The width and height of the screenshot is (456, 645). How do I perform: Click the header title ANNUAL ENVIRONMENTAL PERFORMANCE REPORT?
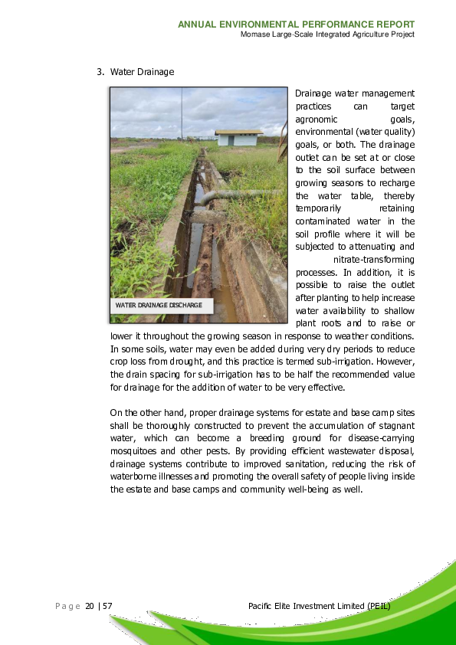(x=296, y=25)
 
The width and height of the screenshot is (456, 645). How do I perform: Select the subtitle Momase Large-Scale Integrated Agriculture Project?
(x=327, y=34)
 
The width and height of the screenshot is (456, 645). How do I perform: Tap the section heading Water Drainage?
(x=142, y=72)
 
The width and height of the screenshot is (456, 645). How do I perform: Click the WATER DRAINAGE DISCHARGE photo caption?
(x=159, y=305)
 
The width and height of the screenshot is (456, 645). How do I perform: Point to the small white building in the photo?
(x=239, y=138)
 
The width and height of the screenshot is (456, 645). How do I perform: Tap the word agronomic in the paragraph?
(x=317, y=119)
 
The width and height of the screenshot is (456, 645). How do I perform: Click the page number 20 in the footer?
(x=90, y=607)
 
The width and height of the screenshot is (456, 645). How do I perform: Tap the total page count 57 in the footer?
(x=108, y=607)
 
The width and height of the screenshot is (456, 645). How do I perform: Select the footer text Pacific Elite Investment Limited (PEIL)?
(x=320, y=607)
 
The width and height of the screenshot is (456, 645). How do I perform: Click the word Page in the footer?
(x=67, y=607)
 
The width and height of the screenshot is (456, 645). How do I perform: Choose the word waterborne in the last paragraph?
(x=134, y=476)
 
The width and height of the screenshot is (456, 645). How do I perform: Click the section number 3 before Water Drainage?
(x=100, y=72)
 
